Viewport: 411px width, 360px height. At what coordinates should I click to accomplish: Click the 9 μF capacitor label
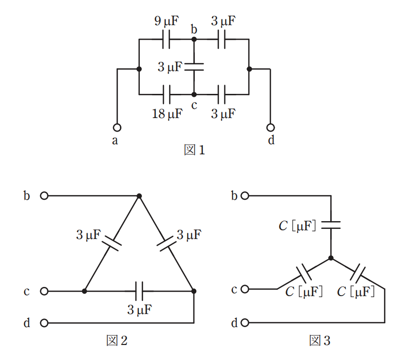click(166, 21)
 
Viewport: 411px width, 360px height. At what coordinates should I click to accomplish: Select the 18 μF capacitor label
click(167, 114)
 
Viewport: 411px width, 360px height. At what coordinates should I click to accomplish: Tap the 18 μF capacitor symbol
click(166, 94)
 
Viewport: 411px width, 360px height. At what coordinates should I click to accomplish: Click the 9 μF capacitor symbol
click(166, 39)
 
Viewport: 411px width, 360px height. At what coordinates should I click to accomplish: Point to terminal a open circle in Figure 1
click(117, 128)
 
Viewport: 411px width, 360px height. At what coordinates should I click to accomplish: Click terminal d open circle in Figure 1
click(270, 128)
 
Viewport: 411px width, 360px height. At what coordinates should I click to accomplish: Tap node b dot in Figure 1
click(194, 39)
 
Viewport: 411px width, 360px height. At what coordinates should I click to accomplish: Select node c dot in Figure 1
click(194, 94)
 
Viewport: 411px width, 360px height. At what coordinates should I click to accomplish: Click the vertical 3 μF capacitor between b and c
click(194, 67)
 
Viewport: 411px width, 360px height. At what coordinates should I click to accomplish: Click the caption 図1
click(194, 150)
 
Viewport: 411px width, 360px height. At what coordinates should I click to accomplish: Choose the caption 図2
click(117, 341)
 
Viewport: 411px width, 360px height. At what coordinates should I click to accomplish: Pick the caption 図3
click(320, 341)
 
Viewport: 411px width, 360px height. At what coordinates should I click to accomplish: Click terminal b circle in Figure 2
click(44, 196)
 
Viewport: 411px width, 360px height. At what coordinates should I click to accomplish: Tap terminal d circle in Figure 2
click(44, 323)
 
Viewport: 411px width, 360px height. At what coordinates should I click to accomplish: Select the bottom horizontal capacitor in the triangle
click(139, 291)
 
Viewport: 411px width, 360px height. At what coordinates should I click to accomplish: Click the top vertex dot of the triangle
click(139, 196)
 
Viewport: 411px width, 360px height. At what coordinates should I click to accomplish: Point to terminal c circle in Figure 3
click(245, 289)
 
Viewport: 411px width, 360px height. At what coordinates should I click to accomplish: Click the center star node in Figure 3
click(331, 258)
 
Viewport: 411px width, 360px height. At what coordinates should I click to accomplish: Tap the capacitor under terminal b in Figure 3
click(331, 225)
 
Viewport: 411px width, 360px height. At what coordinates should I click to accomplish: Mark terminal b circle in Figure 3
click(245, 196)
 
